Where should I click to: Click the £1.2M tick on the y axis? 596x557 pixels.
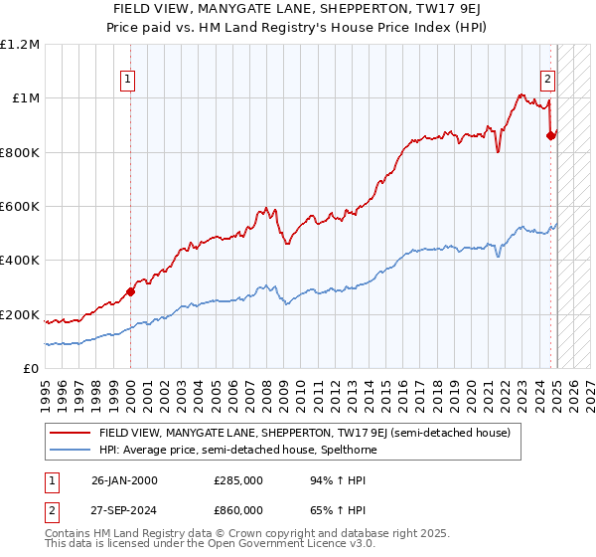[x=20, y=45]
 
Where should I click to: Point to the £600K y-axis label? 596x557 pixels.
[x=20, y=207]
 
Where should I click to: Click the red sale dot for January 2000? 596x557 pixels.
[x=130, y=291]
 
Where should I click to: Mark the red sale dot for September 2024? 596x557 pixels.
[x=551, y=136]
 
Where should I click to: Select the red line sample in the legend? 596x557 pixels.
[x=70, y=434]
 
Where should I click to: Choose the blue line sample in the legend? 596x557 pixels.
[x=70, y=450]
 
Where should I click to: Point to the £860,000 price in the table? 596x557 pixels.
[x=239, y=510]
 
